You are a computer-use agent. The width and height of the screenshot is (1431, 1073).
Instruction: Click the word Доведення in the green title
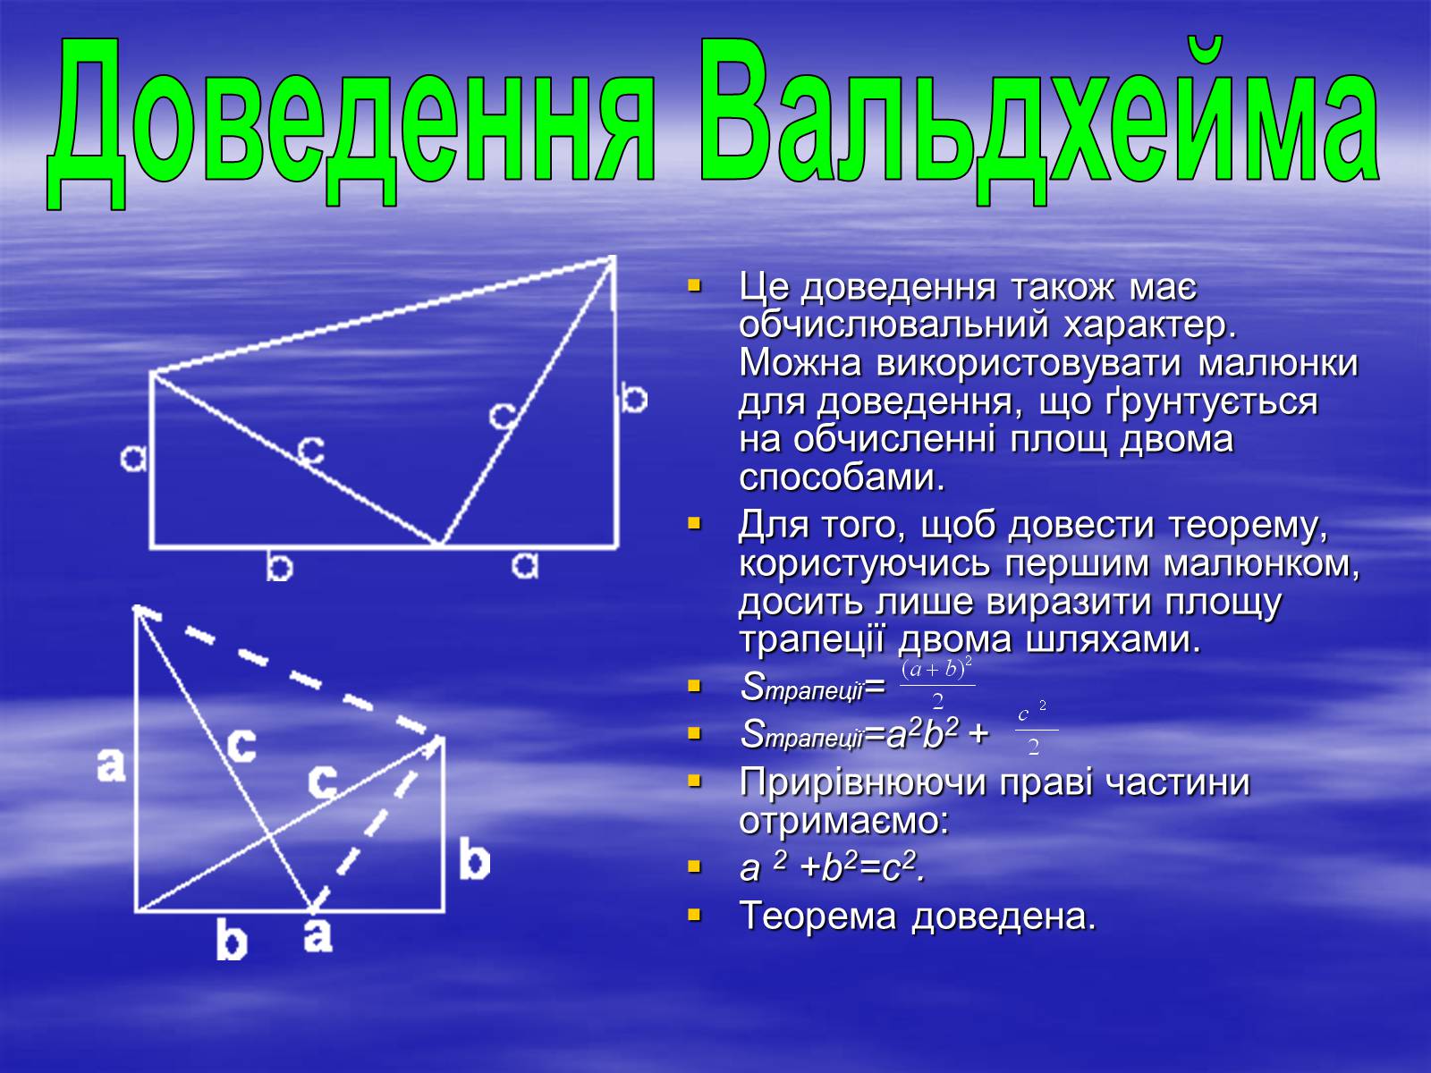click(x=351, y=123)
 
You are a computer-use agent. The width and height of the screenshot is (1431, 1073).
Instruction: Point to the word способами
click(x=842, y=477)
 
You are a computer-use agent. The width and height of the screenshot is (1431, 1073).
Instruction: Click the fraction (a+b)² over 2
click(x=937, y=683)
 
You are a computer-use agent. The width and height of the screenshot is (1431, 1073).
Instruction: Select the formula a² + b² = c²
click(x=832, y=867)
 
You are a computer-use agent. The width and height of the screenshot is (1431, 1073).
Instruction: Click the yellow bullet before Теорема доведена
click(x=694, y=916)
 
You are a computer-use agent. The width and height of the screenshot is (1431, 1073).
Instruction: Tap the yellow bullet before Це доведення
click(x=694, y=285)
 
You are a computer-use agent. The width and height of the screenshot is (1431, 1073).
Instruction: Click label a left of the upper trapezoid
click(x=133, y=459)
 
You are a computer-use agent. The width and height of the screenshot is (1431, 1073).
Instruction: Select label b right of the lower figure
click(x=474, y=859)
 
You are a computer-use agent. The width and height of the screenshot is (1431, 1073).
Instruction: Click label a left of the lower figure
click(x=111, y=765)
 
